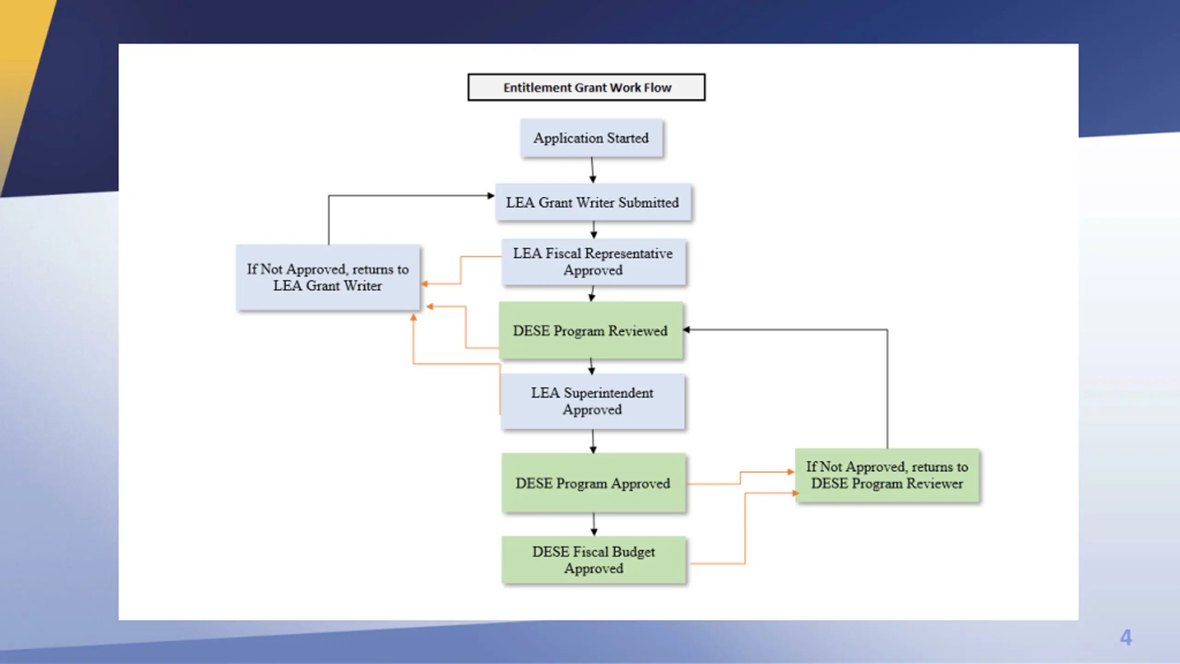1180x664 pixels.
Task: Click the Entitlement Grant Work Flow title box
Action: pos(586,87)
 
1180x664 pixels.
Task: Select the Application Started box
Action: pos(591,138)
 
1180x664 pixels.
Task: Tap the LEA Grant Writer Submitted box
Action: pos(593,202)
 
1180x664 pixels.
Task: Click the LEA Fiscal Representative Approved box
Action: pos(593,261)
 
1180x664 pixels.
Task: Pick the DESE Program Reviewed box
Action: pos(590,330)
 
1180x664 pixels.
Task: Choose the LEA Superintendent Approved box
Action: pos(592,401)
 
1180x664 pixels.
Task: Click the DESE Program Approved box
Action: pos(593,483)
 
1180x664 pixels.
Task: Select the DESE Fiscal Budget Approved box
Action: pos(594,560)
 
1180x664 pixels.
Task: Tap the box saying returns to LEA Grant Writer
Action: pos(328,277)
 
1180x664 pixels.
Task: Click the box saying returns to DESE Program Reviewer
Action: pos(887,475)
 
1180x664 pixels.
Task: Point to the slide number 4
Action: pos(1126,638)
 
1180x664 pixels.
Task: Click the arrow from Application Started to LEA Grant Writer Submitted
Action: pos(592,170)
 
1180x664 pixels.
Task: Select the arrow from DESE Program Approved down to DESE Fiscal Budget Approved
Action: pos(594,524)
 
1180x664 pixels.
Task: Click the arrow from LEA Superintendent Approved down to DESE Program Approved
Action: pos(593,441)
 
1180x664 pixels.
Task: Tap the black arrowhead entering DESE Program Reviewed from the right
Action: pos(686,330)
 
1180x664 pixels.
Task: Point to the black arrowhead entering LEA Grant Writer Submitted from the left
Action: pos(491,196)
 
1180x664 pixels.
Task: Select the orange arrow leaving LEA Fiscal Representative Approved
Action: pos(460,270)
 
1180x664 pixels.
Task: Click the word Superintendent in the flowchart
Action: pos(608,393)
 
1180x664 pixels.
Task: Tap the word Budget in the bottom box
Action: pos(633,552)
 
